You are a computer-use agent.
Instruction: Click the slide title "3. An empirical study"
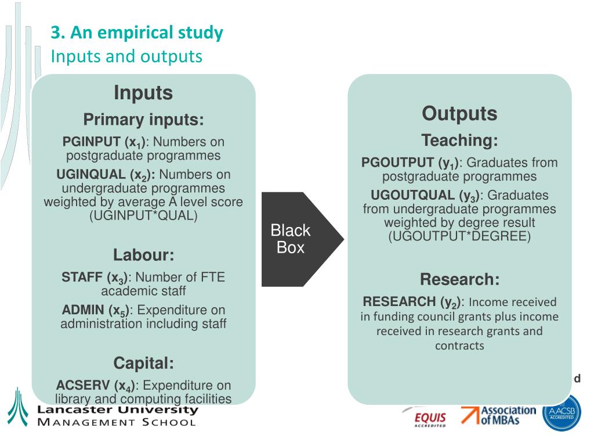click(136, 33)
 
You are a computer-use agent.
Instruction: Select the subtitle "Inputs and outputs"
click(126, 56)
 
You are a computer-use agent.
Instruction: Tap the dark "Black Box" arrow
click(296, 239)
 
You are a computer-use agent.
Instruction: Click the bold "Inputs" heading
click(143, 93)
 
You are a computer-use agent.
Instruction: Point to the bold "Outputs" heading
click(459, 113)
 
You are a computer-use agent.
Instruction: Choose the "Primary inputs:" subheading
click(143, 120)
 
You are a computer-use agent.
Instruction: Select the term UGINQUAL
click(90, 175)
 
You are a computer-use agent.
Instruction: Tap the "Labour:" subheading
click(143, 255)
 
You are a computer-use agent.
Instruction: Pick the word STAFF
click(82, 278)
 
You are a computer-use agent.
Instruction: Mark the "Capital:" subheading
click(143, 364)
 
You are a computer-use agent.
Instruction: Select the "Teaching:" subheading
click(459, 141)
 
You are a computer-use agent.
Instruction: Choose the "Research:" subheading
click(459, 279)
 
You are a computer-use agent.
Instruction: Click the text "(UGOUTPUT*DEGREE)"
click(459, 236)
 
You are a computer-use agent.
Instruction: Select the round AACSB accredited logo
click(561, 412)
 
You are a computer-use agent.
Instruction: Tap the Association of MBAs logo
click(499, 415)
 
